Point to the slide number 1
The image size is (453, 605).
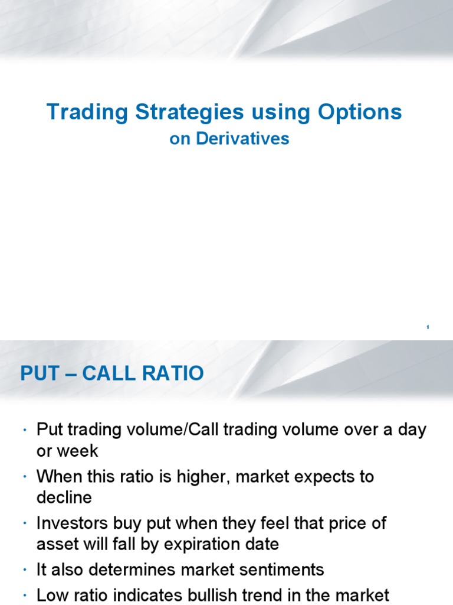point(428,327)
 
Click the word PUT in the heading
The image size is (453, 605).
point(40,373)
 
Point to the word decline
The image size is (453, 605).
point(64,497)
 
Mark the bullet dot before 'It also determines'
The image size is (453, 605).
point(26,571)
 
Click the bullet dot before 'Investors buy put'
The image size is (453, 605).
point(26,524)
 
